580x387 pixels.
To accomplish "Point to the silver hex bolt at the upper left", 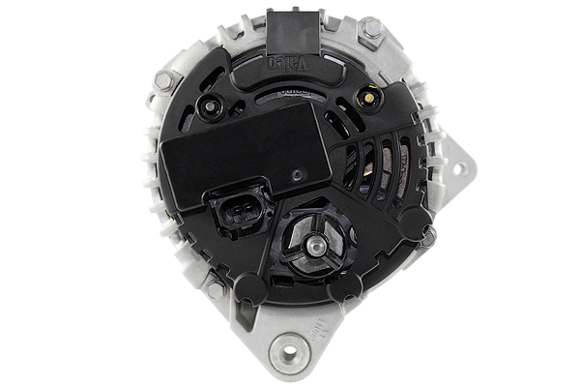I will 164,80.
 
